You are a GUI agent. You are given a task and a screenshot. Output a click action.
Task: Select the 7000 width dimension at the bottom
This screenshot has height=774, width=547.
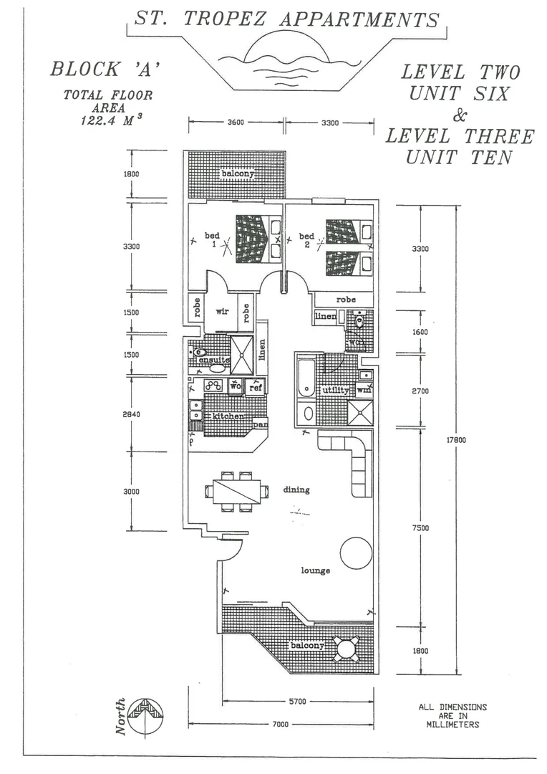[x=279, y=724]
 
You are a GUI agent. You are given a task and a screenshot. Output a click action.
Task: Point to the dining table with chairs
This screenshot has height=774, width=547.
[x=236, y=492]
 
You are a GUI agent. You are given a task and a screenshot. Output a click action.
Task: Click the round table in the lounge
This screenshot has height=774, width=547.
[x=355, y=553]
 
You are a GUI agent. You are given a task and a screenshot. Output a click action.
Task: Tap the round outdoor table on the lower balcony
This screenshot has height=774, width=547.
[x=347, y=649]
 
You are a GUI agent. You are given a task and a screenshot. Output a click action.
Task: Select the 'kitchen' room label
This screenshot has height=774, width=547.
[x=227, y=416]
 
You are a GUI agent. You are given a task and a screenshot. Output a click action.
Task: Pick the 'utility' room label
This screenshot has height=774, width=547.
[x=335, y=391]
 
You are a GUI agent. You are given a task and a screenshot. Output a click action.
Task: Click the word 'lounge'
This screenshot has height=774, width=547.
[x=316, y=570]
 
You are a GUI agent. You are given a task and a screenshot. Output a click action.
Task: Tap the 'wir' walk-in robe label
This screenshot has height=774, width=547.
[x=221, y=312]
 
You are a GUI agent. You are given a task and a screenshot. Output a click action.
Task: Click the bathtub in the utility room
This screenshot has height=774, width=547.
[x=305, y=378]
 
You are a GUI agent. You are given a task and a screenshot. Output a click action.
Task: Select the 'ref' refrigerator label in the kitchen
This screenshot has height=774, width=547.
[x=255, y=386]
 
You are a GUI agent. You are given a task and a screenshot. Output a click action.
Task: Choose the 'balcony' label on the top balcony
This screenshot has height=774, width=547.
[x=235, y=174]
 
